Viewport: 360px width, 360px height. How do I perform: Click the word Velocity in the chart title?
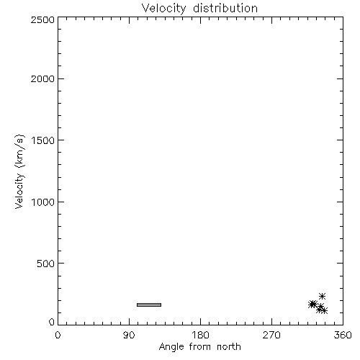tap(164, 9)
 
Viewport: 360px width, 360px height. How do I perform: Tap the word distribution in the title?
tap(225, 8)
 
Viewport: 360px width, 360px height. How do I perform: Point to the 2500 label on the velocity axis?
tap(42, 19)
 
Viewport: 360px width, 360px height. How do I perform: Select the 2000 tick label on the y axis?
tap(42, 78)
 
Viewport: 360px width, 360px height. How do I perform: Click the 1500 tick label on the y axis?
tap(43, 140)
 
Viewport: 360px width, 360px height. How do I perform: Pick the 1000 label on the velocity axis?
tap(43, 202)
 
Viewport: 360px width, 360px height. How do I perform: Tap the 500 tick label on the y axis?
tap(46, 264)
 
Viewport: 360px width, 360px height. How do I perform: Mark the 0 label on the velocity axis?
tap(52, 322)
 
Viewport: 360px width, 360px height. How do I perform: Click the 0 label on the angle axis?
tap(58, 335)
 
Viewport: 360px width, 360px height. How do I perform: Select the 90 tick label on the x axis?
tap(129, 335)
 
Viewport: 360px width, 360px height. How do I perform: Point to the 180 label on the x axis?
tap(200, 335)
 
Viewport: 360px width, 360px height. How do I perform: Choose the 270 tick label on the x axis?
tap(271, 335)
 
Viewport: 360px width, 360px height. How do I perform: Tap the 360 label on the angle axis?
tap(343, 335)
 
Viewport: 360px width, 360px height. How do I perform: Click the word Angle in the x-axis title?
tap(171, 347)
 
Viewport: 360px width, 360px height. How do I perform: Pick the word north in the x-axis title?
tap(229, 347)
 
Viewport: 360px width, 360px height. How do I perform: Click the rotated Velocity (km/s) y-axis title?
tap(19, 171)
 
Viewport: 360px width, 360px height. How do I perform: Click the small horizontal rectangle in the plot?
tap(149, 305)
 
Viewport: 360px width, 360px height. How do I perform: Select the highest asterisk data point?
tap(322, 296)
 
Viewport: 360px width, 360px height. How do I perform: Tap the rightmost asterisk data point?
tap(324, 311)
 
